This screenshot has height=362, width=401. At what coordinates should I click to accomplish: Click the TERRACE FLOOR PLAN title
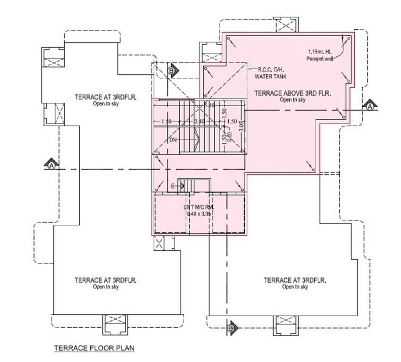94,348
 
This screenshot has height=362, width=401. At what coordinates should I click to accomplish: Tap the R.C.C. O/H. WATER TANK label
271,73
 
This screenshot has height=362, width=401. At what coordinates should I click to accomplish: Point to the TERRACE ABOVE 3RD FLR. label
292,94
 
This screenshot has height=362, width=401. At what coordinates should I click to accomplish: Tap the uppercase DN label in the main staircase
173,140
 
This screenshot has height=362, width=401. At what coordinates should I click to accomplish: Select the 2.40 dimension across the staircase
199,121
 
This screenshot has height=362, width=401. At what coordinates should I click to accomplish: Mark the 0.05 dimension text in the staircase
230,137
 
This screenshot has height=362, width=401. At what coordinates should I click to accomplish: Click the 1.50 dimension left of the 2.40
166,121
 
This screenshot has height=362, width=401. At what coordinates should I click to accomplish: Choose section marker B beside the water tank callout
172,71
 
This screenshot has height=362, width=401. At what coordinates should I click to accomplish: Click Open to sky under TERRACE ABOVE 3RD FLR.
292,100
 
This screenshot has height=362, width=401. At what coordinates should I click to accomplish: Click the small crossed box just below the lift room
159,244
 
